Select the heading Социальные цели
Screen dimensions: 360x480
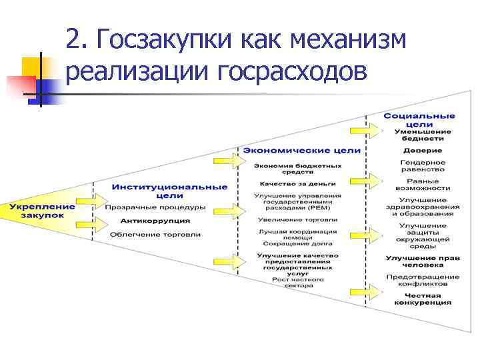point(419,121)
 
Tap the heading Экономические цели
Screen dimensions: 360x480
point(301,151)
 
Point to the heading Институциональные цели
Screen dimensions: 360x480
point(169,191)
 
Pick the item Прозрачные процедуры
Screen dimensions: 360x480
point(155,207)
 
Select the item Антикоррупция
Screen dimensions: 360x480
point(155,221)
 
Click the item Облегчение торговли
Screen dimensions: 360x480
point(155,234)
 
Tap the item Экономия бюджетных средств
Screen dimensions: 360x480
point(297,169)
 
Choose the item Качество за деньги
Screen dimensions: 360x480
point(297,183)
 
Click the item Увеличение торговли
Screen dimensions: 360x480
point(297,219)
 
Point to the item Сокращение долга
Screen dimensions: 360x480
point(297,244)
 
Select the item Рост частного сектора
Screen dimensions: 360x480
point(297,282)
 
